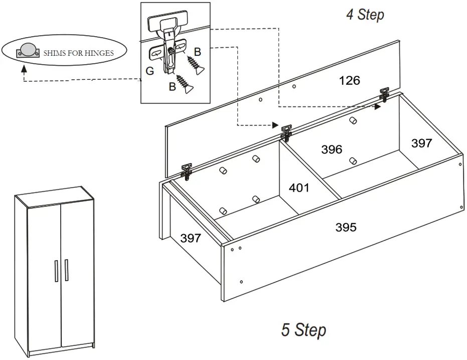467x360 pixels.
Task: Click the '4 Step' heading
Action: point(365,15)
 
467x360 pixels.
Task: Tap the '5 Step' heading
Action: point(303,330)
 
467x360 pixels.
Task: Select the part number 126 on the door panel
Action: point(350,80)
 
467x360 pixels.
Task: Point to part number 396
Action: point(332,149)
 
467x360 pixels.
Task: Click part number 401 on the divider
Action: point(299,188)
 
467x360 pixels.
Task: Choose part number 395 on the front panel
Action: point(346,227)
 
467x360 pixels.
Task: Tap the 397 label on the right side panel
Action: point(421,144)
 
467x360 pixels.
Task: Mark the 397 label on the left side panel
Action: point(191,238)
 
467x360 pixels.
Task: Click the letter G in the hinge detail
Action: point(149,71)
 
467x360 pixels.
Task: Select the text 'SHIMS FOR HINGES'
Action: point(78,53)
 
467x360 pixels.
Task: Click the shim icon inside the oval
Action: point(26,51)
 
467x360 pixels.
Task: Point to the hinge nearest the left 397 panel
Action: point(187,170)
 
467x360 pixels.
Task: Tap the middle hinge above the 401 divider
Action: point(286,133)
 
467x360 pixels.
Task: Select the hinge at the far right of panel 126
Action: point(385,94)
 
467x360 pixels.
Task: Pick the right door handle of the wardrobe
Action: point(66,272)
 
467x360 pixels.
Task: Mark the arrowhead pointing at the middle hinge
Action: point(274,125)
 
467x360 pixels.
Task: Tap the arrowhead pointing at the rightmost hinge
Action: point(377,106)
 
